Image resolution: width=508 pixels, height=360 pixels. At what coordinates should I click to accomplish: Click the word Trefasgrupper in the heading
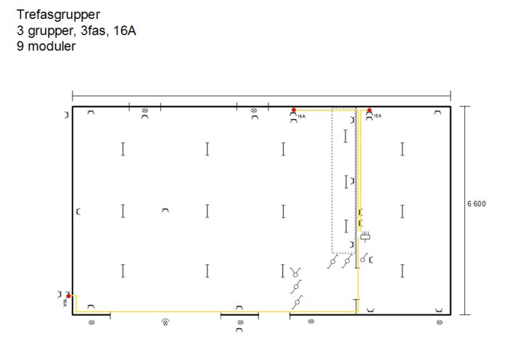point(58,15)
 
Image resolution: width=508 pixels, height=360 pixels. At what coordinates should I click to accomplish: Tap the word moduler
point(52,46)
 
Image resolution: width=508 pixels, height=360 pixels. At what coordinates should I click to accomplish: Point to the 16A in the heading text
point(125,30)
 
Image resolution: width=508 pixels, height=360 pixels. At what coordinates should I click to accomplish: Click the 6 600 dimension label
point(476,204)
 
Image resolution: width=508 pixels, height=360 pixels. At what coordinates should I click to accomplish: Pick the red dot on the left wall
point(68,296)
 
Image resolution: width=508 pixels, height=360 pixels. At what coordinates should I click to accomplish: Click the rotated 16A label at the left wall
point(65,303)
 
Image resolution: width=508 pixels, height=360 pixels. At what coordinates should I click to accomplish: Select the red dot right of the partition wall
point(369,110)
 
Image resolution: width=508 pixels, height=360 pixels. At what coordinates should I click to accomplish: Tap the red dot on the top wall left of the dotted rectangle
point(293,110)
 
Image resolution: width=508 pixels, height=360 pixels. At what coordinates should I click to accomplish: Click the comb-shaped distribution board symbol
point(366,236)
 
